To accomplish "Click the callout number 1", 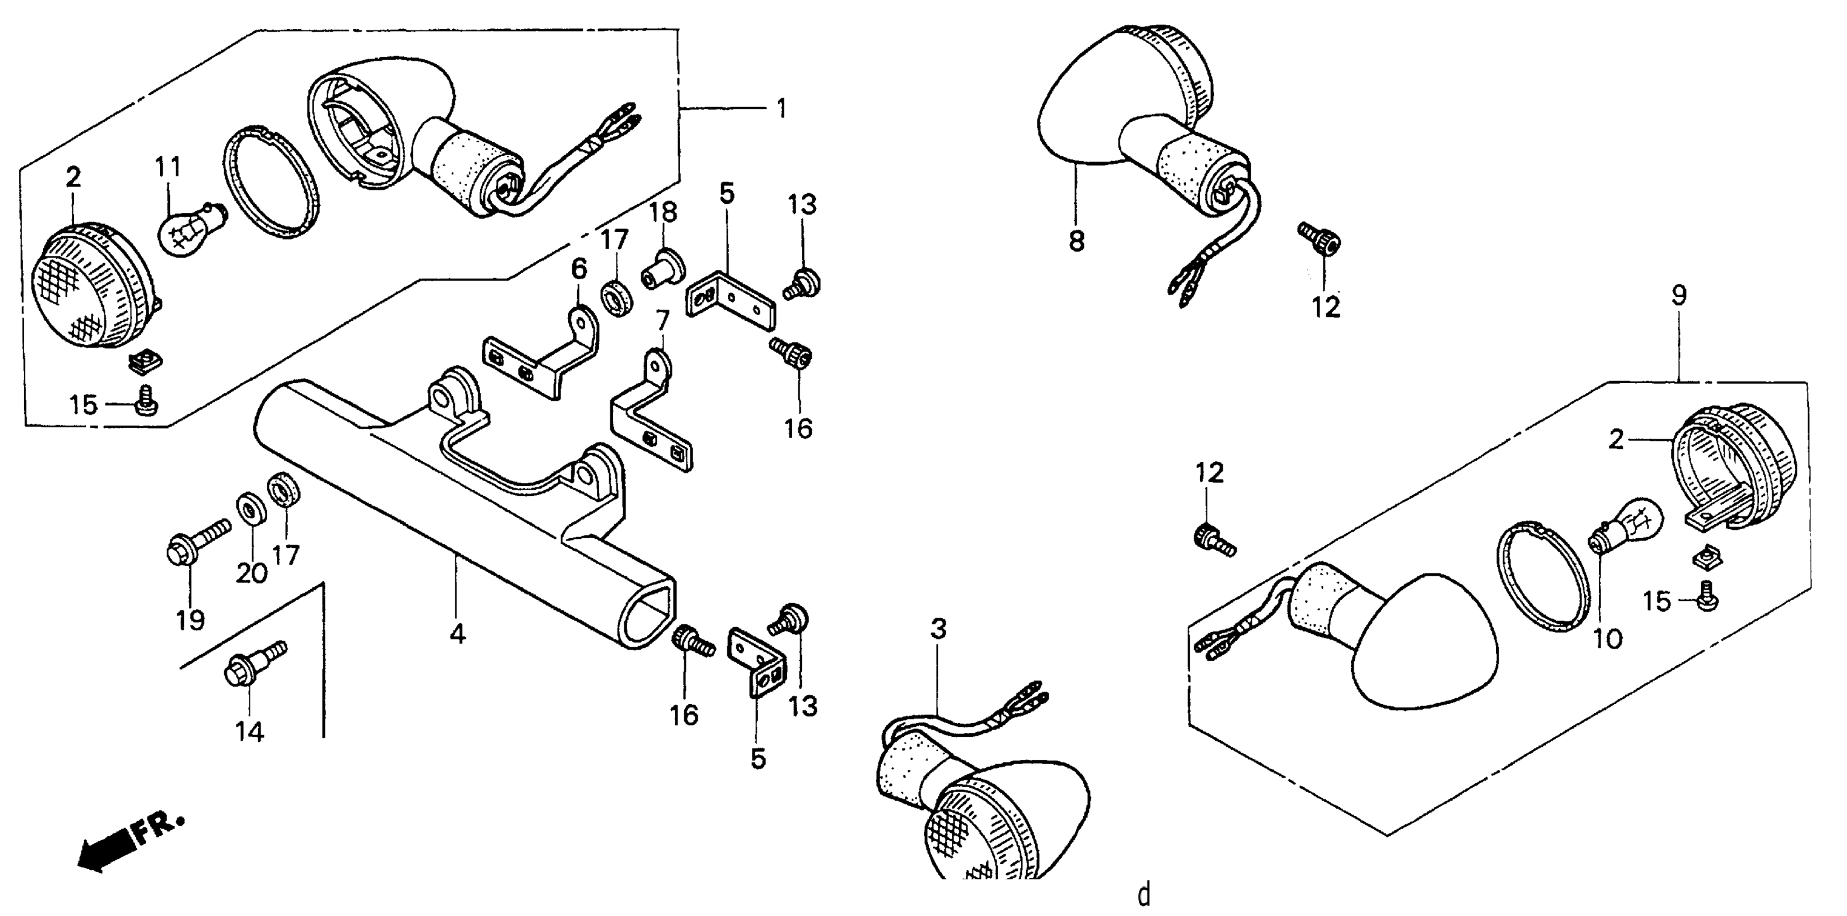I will coord(781,109).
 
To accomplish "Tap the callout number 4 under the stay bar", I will coord(458,634).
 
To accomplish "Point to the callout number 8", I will coord(1076,241).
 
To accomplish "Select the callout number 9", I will coord(1680,295).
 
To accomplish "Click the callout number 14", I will coord(250,732).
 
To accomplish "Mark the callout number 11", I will coord(169,167).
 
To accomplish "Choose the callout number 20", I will coord(252,573).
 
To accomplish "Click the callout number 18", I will coord(663,212).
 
